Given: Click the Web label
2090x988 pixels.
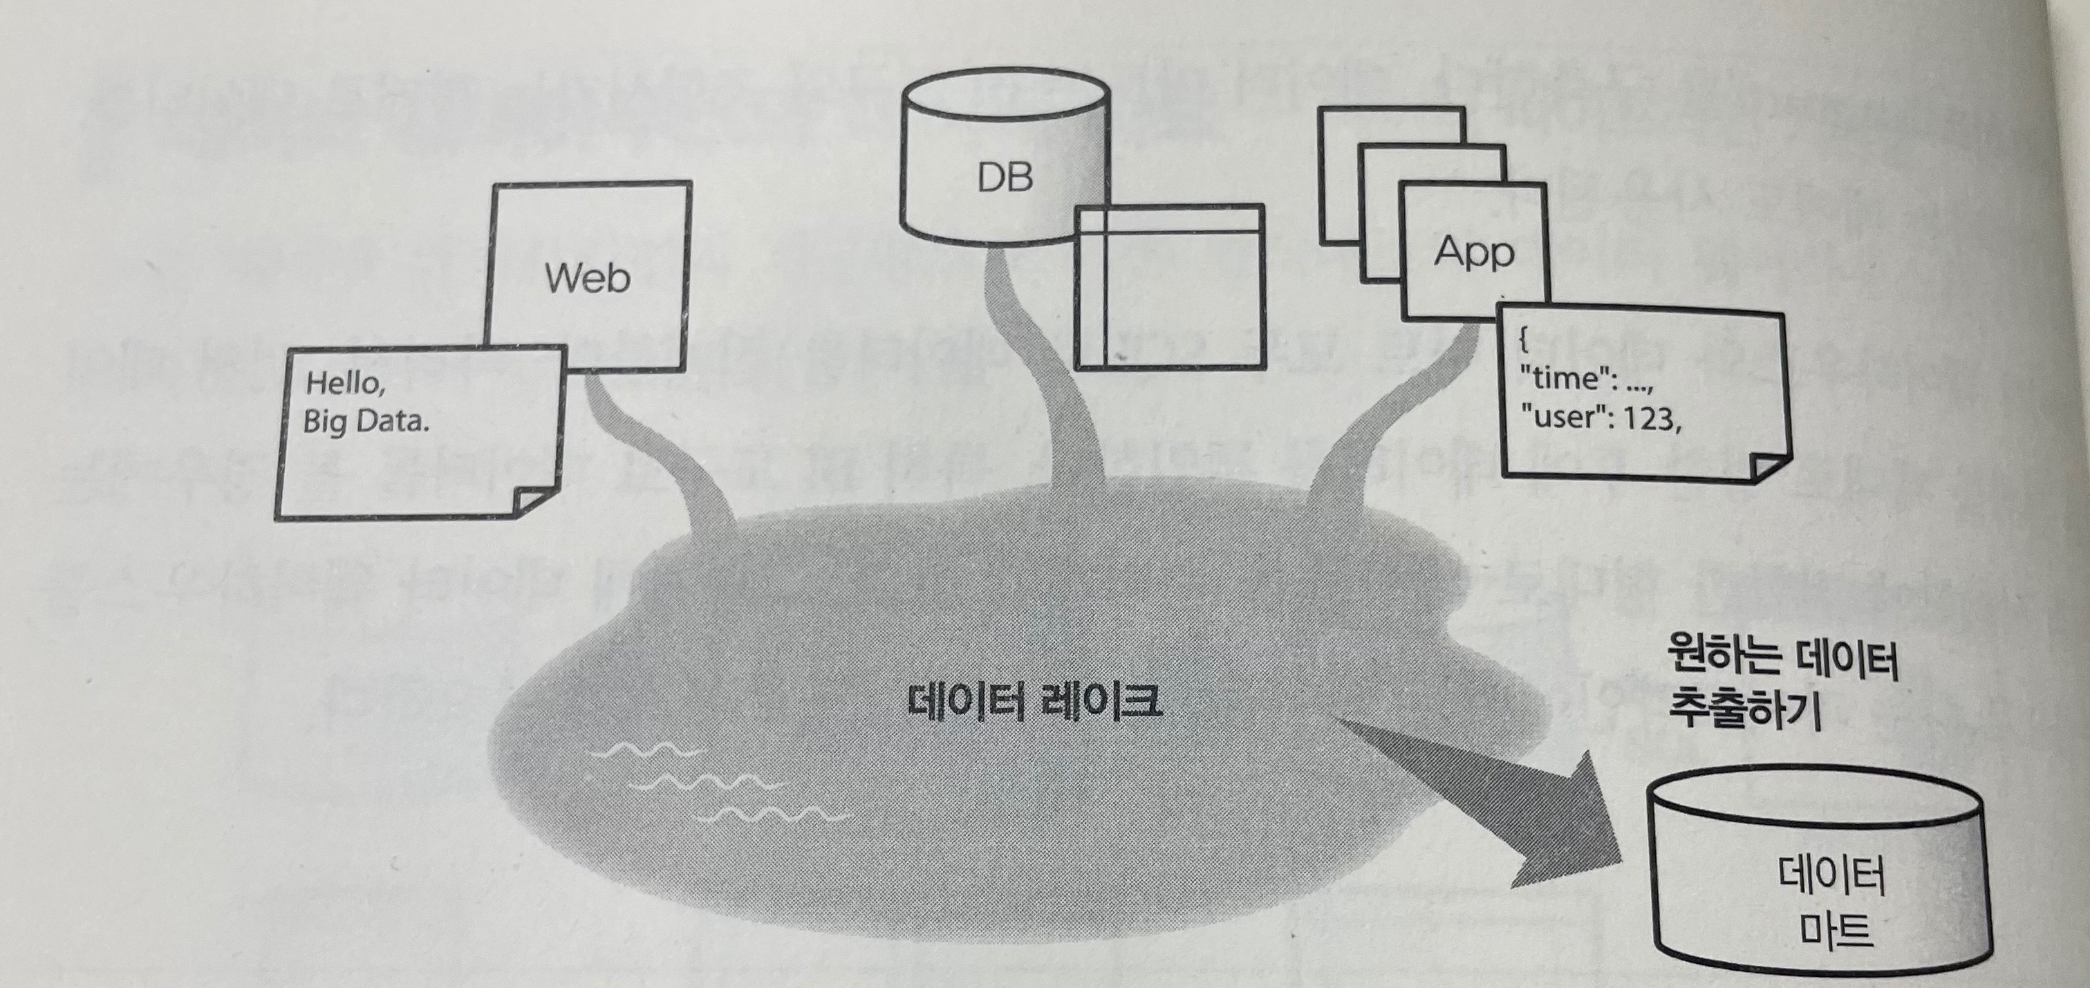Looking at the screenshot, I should [x=588, y=277].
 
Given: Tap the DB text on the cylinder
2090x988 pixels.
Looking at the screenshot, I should [x=1005, y=177].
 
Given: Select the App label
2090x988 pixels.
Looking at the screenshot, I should [x=1473, y=252].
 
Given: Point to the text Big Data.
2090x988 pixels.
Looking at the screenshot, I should [x=365, y=422].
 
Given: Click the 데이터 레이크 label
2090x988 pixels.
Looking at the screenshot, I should [x=1034, y=702].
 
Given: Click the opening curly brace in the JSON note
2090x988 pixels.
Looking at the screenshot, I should [x=1524, y=342].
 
